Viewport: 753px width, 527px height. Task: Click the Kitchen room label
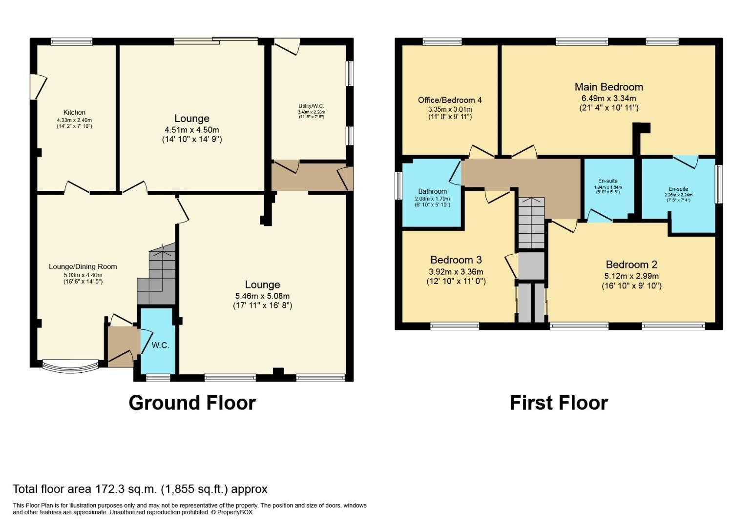click(74, 112)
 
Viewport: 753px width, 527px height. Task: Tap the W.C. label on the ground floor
click(160, 345)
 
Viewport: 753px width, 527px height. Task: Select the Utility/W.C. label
click(311, 106)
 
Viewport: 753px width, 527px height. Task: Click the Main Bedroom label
click(608, 87)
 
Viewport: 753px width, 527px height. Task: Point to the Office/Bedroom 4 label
click(450, 100)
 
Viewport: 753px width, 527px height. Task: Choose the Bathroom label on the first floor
click(432, 191)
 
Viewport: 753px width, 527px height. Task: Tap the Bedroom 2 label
click(631, 264)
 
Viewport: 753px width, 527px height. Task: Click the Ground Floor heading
click(192, 403)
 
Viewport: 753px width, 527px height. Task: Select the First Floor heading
click(559, 403)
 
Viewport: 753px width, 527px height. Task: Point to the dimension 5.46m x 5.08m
click(262, 296)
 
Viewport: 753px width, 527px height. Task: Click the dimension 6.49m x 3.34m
click(608, 99)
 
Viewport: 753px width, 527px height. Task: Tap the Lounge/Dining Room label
click(83, 266)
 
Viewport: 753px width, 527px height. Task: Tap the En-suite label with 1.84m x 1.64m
click(608, 181)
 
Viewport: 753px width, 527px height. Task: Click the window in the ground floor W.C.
click(158, 377)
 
